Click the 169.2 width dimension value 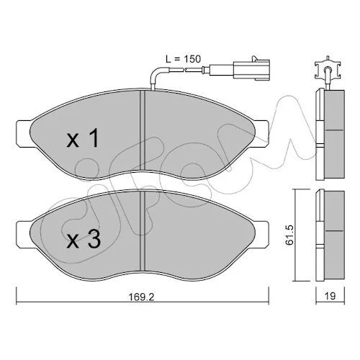(142, 297)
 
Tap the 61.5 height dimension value (289, 235)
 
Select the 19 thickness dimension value (330, 296)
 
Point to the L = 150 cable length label (183, 59)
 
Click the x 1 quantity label (83, 138)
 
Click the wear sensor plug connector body (251, 70)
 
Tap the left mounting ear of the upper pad (24, 133)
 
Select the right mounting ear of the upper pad (261, 133)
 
